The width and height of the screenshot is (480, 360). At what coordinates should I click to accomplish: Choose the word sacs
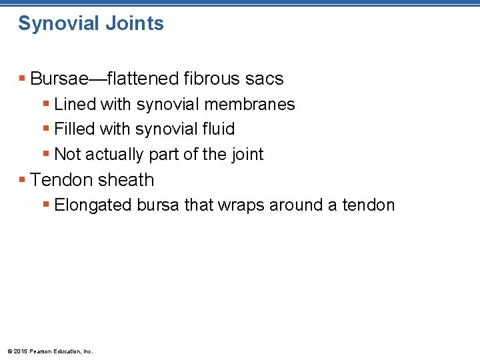click(x=266, y=79)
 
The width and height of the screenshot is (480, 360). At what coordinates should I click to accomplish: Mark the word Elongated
click(x=93, y=205)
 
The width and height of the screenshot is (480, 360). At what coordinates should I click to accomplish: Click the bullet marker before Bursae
click(x=23, y=79)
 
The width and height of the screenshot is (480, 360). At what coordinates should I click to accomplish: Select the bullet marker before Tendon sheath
click(x=23, y=180)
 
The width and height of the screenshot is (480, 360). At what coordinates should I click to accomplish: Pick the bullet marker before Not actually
click(x=46, y=154)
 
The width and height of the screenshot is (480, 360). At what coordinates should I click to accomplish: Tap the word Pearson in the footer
click(x=41, y=351)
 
